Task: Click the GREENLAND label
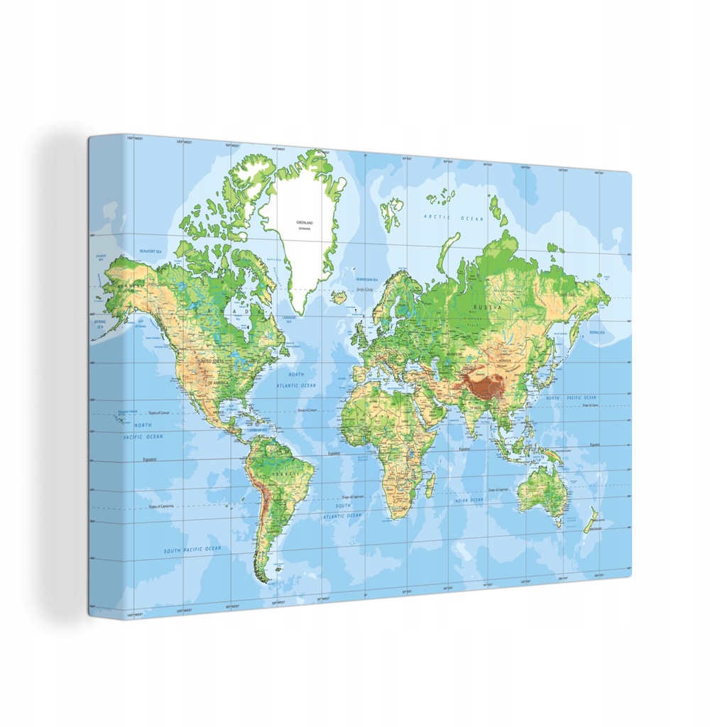(305, 222)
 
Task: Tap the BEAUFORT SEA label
(151, 251)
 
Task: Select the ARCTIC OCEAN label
(454, 217)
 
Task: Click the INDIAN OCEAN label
(469, 501)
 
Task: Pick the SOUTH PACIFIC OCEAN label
(192, 550)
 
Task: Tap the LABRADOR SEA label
(289, 319)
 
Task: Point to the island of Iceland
(339, 297)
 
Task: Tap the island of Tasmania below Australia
(559, 523)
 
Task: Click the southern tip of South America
(266, 580)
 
